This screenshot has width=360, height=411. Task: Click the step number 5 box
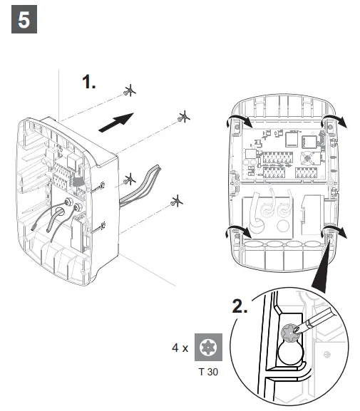[24, 21]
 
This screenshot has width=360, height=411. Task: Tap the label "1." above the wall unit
[89, 83]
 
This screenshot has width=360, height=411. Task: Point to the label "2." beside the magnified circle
[240, 307]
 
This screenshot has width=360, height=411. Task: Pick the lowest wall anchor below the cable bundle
[175, 203]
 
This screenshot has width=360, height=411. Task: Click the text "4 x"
[180, 348]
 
